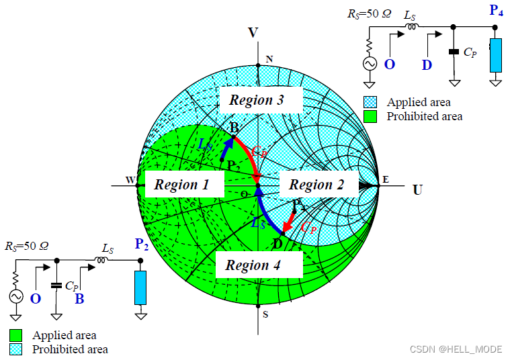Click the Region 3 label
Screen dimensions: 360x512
point(257,101)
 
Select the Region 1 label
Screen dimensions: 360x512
point(181,185)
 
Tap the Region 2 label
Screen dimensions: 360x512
point(316,185)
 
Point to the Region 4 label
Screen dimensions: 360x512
point(253,265)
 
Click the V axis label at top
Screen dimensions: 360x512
point(253,32)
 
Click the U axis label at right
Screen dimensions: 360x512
point(417,190)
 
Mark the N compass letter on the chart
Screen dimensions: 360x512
point(269,59)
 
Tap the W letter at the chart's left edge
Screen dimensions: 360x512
point(130,179)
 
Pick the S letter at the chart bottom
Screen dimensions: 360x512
point(266,314)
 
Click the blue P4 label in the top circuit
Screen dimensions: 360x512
point(496,10)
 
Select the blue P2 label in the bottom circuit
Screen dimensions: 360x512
point(141,244)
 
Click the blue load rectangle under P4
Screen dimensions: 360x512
point(496,55)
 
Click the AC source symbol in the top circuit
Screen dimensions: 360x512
point(370,64)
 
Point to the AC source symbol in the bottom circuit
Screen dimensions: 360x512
point(15,296)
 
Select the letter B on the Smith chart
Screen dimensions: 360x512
point(234,128)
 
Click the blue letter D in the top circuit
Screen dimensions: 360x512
point(427,65)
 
